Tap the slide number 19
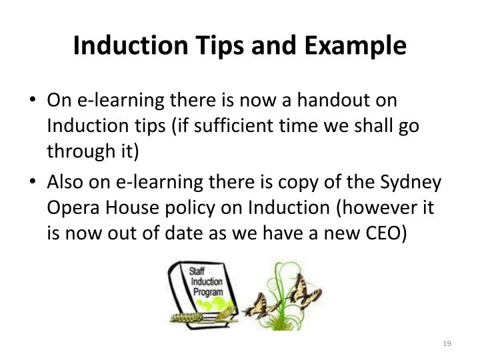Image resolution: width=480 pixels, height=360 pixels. (x=447, y=343)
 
